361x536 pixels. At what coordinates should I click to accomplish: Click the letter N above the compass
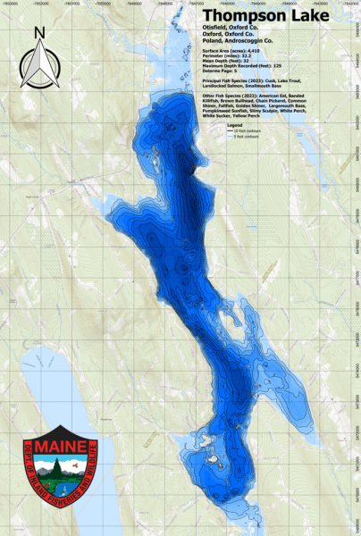(x=38, y=34)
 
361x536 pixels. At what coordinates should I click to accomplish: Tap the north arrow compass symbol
(x=38, y=67)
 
